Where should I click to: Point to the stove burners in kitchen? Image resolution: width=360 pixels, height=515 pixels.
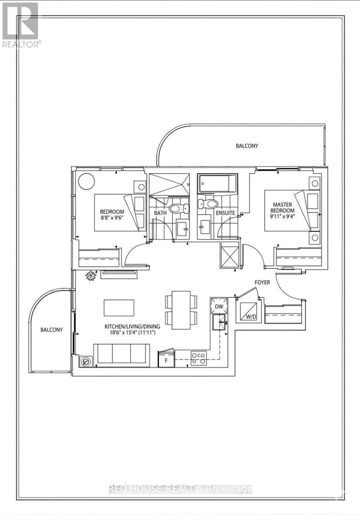coord(198,358)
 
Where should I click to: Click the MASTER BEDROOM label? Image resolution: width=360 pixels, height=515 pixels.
coord(282,208)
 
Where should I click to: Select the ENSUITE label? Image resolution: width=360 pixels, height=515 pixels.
coord(225,212)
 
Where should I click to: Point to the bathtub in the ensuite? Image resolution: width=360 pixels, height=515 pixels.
coord(217,184)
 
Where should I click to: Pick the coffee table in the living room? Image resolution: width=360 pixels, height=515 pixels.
coord(119,308)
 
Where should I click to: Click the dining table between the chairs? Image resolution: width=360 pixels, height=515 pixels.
coord(178,310)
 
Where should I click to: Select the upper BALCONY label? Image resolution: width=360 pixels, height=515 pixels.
coord(247,146)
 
